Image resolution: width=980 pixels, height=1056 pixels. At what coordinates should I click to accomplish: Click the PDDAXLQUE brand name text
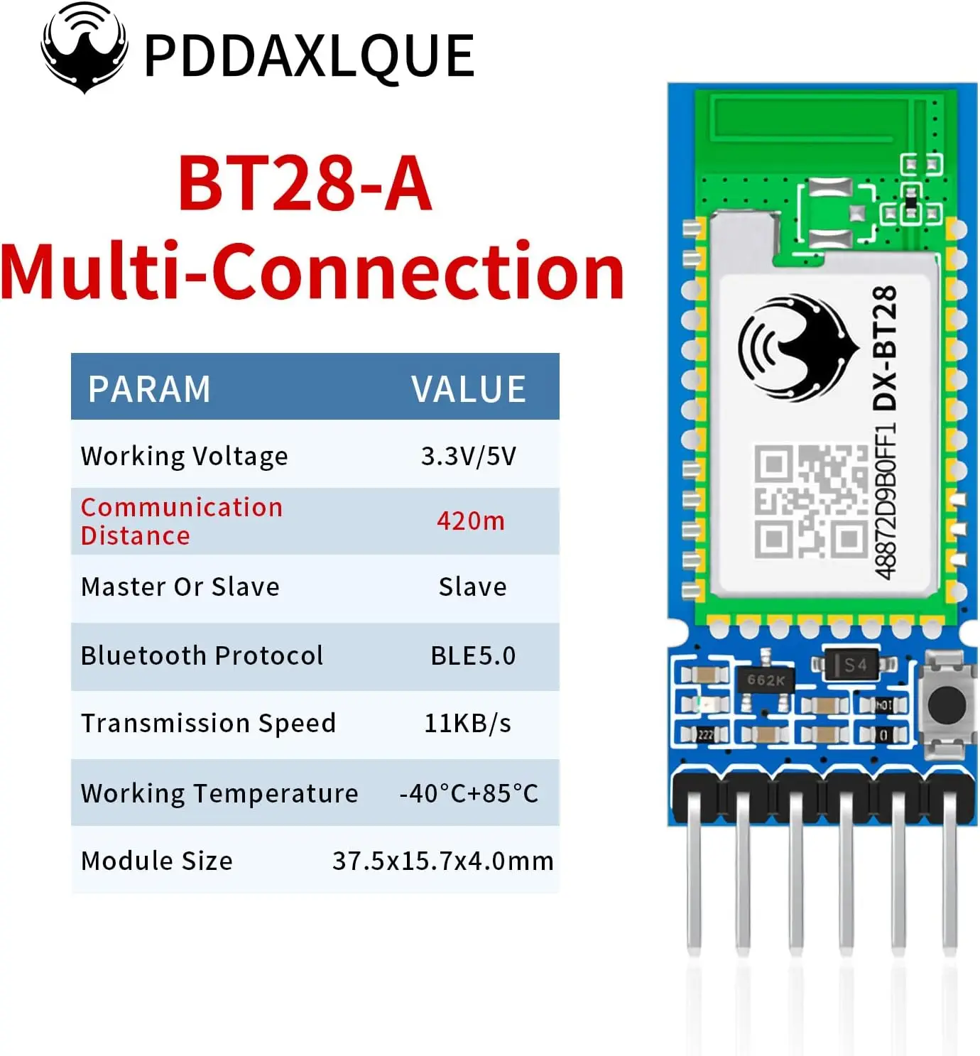(309, 55)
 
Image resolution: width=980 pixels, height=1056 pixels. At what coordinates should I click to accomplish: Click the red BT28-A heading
(305, 184)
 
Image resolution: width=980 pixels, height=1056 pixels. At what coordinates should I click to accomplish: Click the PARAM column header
(149, 388)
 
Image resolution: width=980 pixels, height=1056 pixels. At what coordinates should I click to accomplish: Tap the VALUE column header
(469, 388)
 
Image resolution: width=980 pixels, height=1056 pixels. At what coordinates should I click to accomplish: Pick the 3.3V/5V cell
(469, 455)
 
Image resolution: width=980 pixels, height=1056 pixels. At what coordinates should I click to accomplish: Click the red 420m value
(471, 521)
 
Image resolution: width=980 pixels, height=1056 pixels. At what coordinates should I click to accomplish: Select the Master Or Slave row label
(180, 587)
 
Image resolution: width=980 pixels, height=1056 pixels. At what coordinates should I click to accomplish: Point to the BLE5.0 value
(473, 655)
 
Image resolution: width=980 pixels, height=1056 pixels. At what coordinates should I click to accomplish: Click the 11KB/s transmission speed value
(467, 723)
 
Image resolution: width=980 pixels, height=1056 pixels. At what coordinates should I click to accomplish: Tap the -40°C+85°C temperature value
(469, 793)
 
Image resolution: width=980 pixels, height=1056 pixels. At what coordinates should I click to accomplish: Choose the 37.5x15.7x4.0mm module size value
(442, 861)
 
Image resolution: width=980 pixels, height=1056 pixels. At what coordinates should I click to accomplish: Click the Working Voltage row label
(185, 455)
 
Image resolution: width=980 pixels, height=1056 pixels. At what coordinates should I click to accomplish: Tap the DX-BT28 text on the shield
(885, 348)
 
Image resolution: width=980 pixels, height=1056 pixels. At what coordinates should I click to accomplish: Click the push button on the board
(946, 702)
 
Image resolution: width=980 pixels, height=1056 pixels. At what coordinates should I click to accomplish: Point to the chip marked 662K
(766, 680)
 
